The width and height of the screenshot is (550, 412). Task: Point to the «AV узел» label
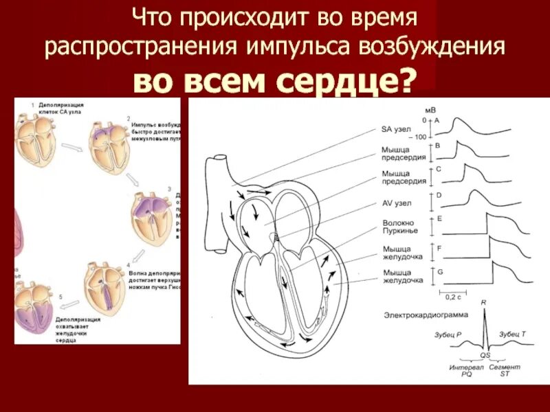(x=398, y=204)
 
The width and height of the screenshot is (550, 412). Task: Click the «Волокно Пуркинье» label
(x=397, y=226)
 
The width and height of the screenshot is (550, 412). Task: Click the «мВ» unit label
(x=430, y=110)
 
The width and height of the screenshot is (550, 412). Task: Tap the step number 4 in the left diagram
(x=129, y=264)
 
